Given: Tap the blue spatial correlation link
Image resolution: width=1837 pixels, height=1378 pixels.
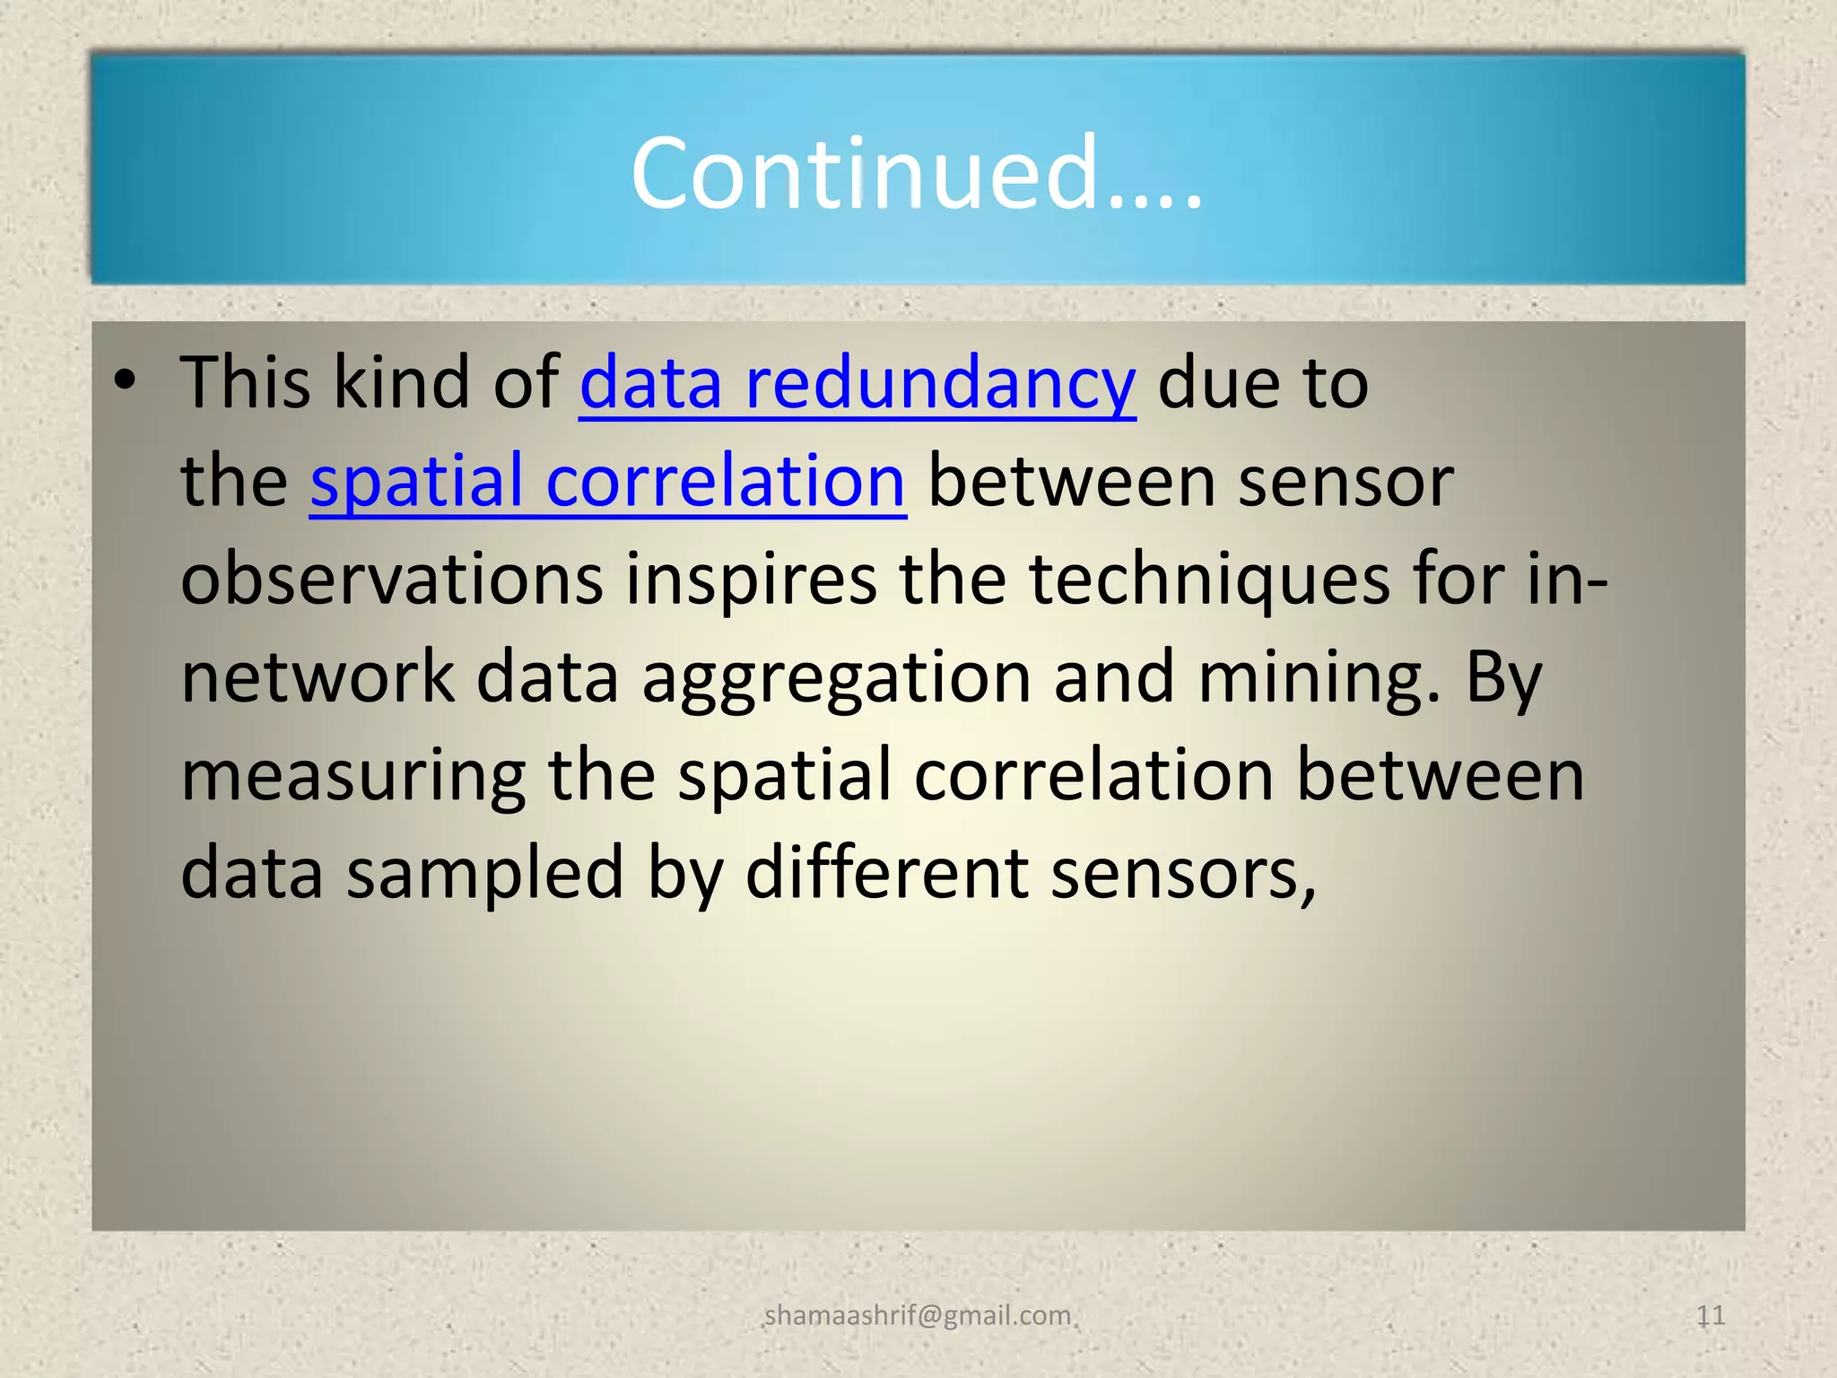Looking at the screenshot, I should tap(607, 482).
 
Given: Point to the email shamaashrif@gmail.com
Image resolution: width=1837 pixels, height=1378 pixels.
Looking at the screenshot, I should tap(918, 1315).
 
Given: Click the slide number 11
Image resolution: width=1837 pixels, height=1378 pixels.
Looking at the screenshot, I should tap(1711, 1315).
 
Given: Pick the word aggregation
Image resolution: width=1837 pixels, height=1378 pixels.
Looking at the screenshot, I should tap(836, 679).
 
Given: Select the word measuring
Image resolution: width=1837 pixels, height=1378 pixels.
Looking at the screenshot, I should tap(353, 777).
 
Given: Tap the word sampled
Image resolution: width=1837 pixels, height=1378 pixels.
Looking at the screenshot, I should tap(485, 875).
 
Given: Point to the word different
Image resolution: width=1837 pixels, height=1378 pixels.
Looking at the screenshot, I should tap(886, 873).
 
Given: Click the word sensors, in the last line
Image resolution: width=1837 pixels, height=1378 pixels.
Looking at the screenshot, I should tap(1183, 875).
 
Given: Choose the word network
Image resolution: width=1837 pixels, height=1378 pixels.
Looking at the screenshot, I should tap(318, 677).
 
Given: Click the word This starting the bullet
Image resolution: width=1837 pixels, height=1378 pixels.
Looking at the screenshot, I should tap(246, 382).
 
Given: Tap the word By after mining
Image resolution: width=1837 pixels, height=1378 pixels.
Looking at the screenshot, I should tap(1503, 679).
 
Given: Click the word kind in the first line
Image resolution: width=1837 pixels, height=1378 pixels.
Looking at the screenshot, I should tap(401, 382).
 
